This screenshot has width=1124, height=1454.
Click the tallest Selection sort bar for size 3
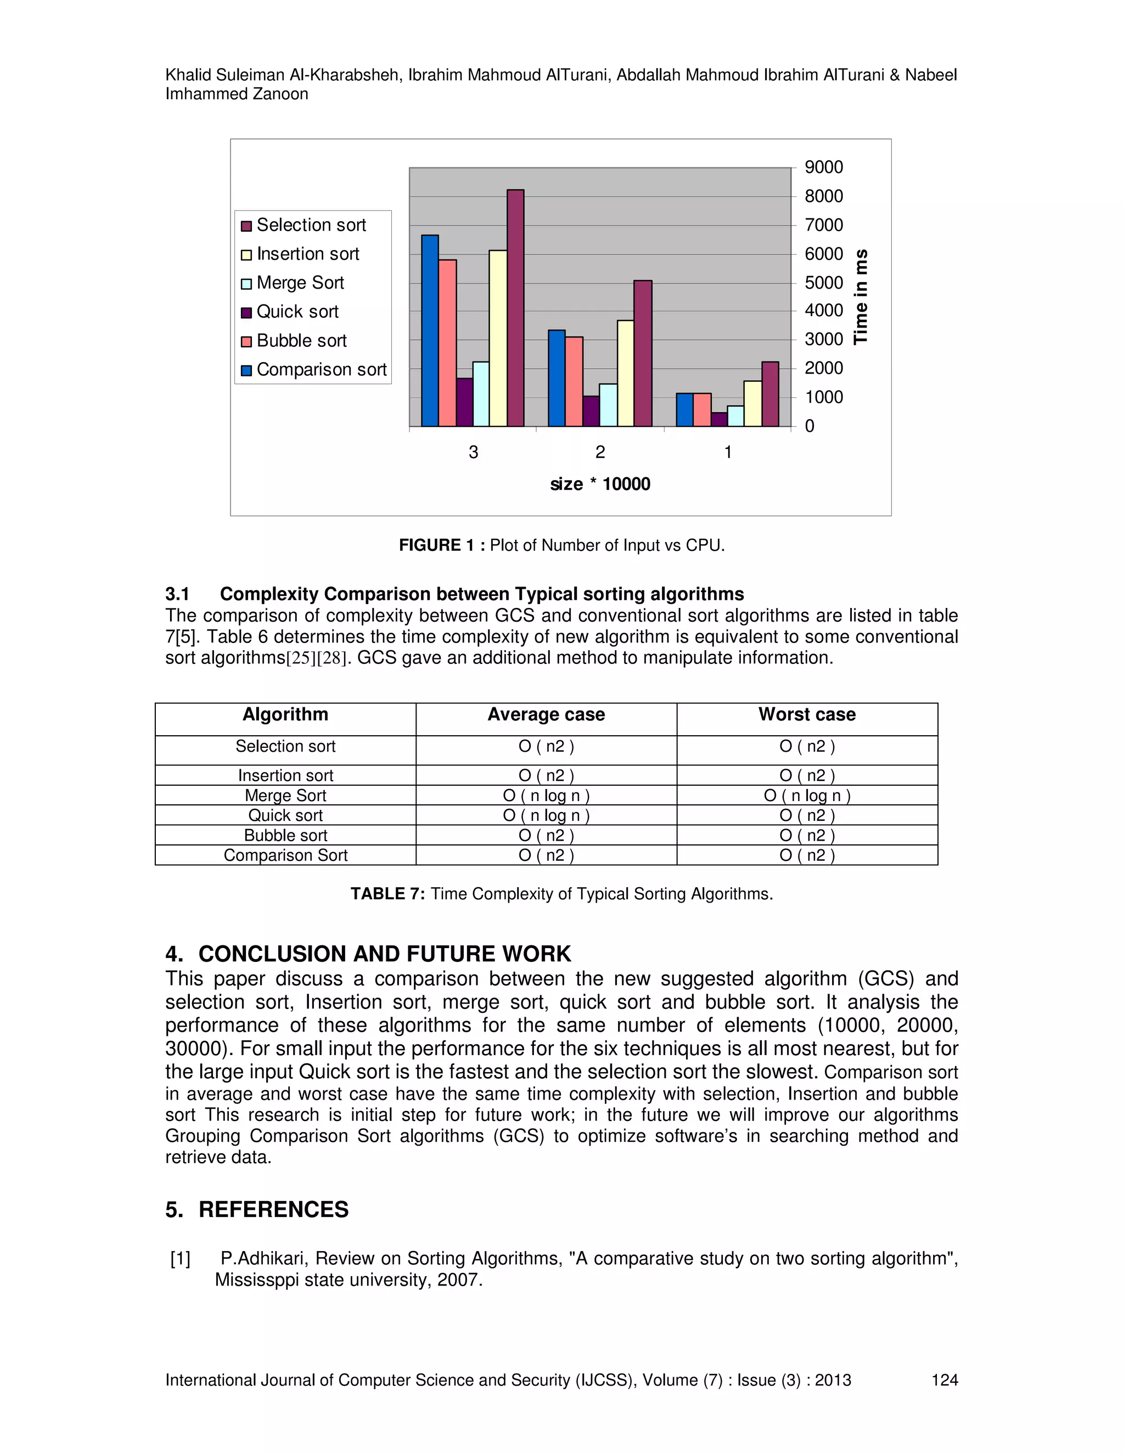(515, 308)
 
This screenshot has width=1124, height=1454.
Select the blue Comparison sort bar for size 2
(557, 378)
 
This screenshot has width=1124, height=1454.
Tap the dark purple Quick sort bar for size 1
(719, 419)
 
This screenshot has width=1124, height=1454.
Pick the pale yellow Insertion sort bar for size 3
(498, 338)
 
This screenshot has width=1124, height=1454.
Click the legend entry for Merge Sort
(300, 283)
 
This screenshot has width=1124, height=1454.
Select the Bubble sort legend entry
(301, 341)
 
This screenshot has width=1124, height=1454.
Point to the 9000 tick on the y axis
(823, 167)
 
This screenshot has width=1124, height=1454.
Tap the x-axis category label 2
(600, 452)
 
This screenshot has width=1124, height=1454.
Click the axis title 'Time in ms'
(861, 296)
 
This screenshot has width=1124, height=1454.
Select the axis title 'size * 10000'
(600, 484)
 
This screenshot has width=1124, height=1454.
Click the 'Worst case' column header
(807, 714)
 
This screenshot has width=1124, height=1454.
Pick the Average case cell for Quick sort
(546, 815)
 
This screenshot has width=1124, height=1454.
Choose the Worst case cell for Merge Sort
(807, 796)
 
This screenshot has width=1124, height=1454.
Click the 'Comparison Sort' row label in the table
(285, 855)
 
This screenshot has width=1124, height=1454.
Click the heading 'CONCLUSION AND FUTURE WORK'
(384, 954)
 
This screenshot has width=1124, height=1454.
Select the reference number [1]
(180, 1258)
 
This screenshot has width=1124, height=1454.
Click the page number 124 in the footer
(944, 1380)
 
